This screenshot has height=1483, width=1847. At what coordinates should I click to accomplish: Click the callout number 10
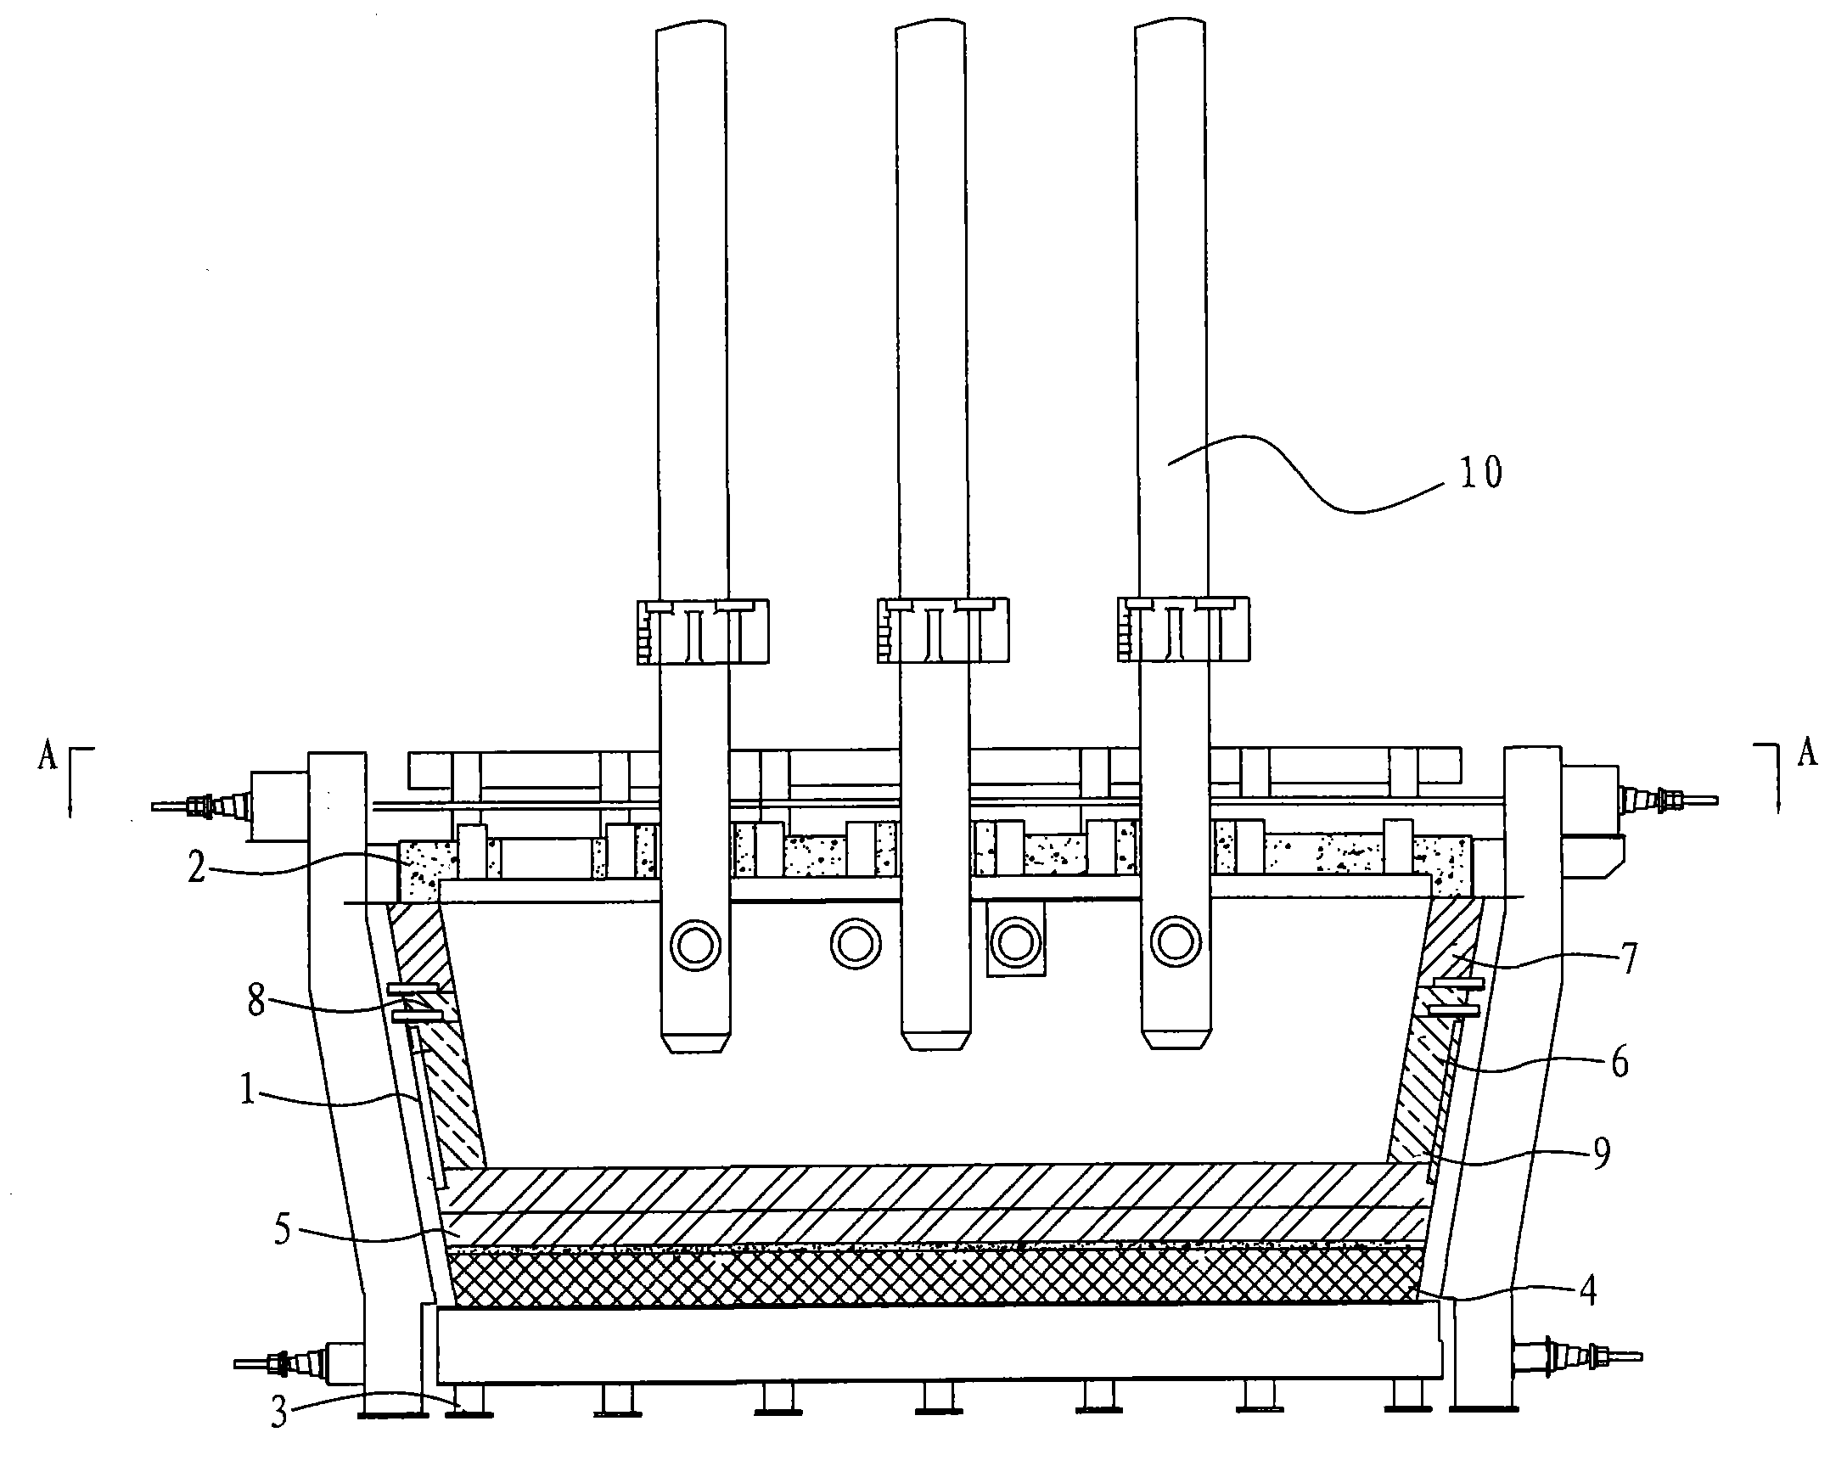(x=1481, y=472)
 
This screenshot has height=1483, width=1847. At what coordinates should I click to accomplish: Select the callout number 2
(x=197, y=869)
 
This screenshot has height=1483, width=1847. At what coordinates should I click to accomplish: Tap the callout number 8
(x=256, y=1002)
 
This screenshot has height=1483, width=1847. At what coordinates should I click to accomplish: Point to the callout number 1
(x=248, y=1091)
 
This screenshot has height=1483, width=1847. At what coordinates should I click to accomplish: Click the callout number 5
(x=283, y=1231)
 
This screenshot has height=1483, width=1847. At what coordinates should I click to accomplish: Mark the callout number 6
(x=1620, y=1063)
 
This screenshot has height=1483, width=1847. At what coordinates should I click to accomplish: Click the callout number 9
(x=1601, y=1153)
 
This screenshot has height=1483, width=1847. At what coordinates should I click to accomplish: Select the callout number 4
(x=1587, y=1291)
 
